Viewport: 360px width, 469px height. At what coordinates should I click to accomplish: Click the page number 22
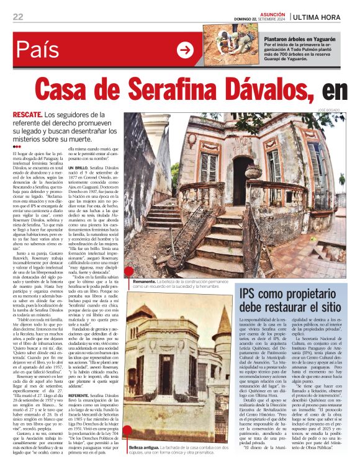click(18, 16)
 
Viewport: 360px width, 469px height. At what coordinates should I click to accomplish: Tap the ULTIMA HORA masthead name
click(318, 17)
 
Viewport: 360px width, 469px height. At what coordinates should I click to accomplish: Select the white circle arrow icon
click(185, 50)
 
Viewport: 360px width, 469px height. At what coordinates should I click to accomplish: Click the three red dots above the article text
click(17, 146)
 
